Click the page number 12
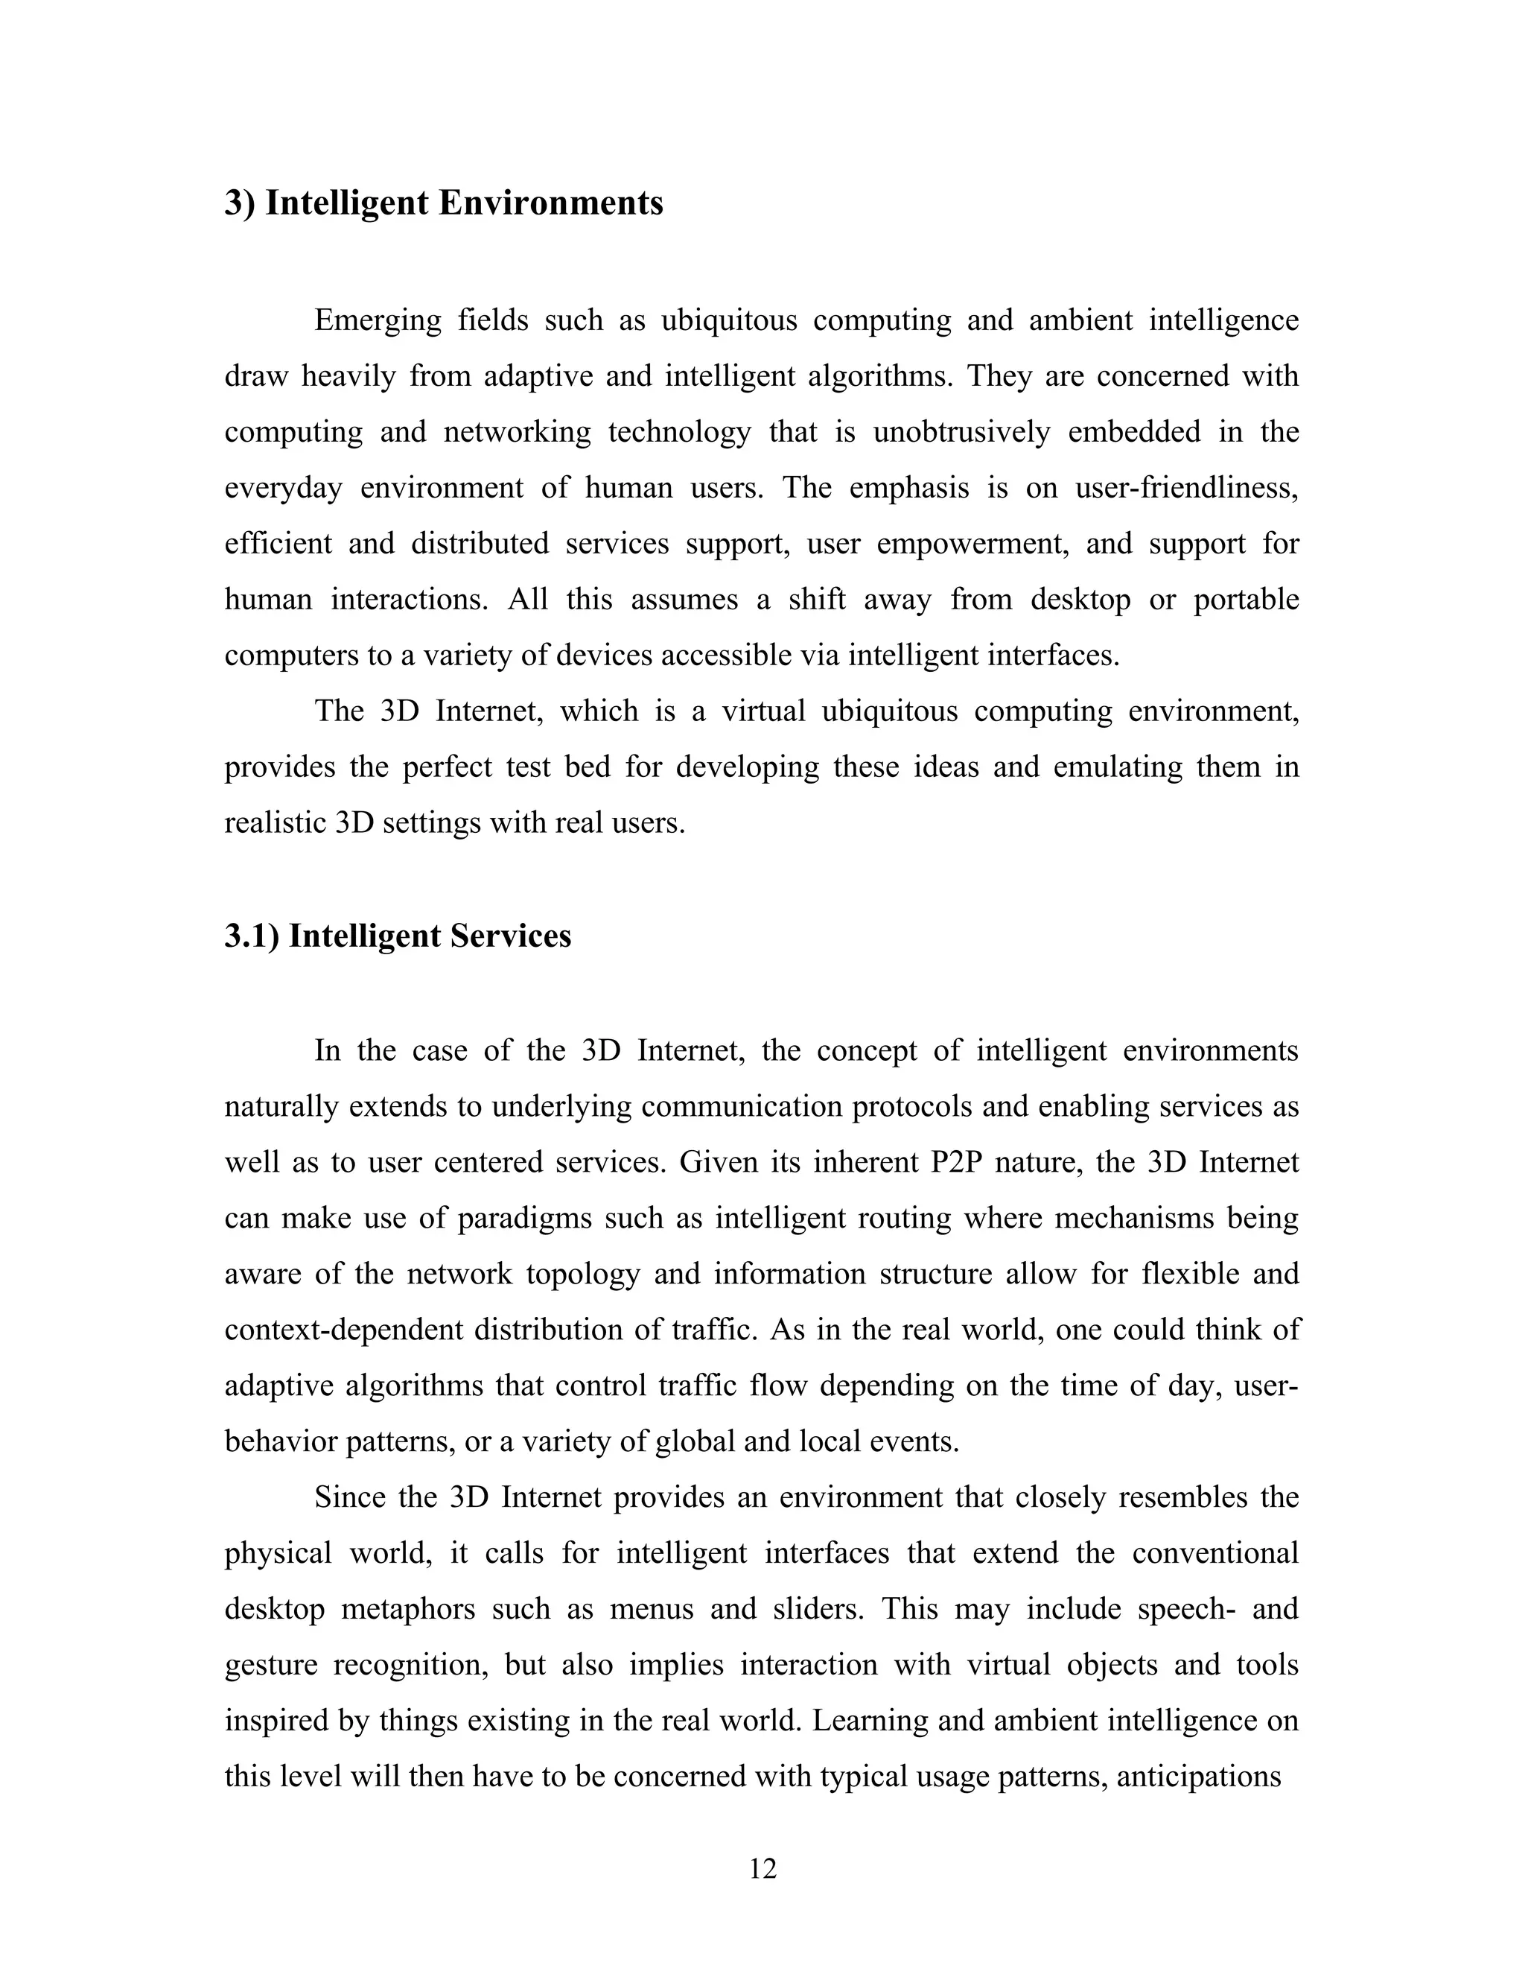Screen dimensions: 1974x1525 coord(762,1868)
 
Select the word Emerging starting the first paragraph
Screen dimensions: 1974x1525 coord(378,320)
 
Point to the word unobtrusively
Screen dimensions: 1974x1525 coord(961,432)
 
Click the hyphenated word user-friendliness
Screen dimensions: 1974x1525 coord(1186,488)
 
